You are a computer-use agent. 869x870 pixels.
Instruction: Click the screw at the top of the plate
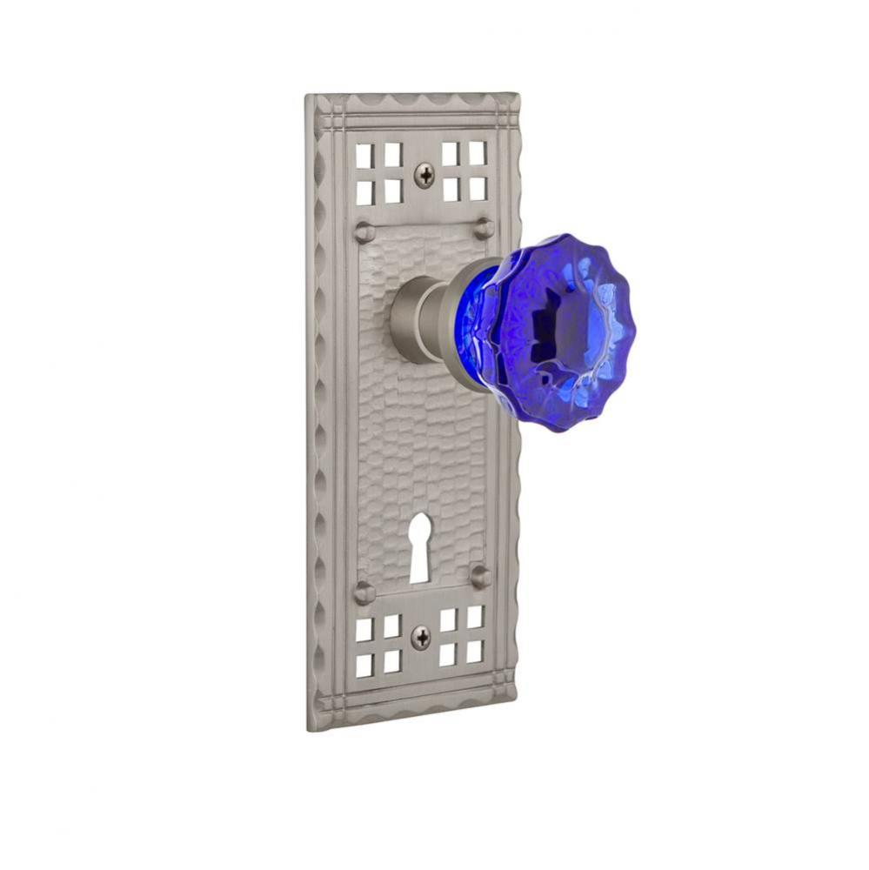tap(424, 176)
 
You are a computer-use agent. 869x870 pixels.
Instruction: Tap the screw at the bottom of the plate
tap(420, 638)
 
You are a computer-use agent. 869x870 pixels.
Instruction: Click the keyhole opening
tap(419, 545)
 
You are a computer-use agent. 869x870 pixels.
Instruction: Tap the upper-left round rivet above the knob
tap(364, 232)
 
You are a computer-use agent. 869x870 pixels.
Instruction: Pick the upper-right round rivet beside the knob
tap(484, 229)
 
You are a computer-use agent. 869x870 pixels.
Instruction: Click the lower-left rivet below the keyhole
tap(364, 593)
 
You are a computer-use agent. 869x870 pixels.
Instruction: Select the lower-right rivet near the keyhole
tap(480, 576)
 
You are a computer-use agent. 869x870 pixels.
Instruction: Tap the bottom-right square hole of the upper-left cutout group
tap(392, 190)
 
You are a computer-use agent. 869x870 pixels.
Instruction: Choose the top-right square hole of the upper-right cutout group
tap(477, 152)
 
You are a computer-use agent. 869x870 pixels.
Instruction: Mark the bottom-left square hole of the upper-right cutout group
tap(451, 188)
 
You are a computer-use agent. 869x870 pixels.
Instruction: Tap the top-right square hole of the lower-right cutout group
tap(475, 617)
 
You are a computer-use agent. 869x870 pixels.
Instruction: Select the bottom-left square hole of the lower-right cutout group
tap(448, 654)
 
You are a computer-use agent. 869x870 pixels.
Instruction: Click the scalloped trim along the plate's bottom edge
tap(413, 709)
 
